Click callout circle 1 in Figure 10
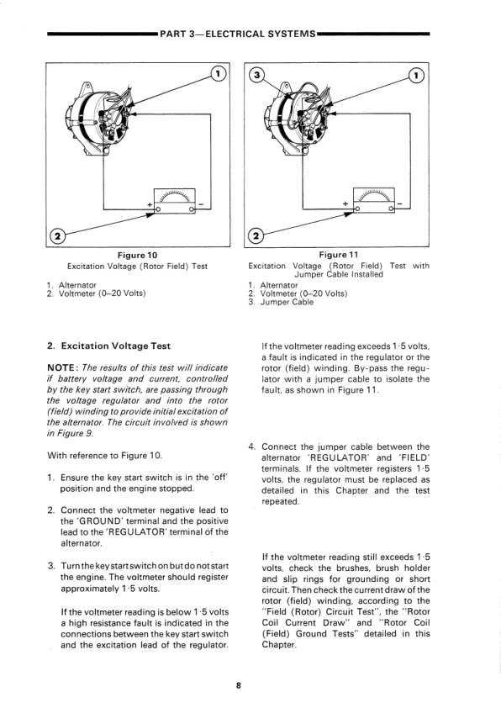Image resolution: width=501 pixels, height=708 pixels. [x=219, y=73]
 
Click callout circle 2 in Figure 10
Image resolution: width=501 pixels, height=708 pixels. [x=57, y=235]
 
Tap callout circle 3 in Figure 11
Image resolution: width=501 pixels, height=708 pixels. [x=256, y=75]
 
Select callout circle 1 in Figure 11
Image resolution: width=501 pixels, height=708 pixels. [x=417, y=75]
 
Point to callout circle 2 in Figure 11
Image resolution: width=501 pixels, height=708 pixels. [x=256, y=235]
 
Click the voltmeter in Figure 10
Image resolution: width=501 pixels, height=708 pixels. [x=175, y=201]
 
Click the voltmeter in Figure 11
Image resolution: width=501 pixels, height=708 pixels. [x=374, y=200]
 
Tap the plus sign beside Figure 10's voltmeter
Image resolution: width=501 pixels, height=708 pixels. [x=150, y=204]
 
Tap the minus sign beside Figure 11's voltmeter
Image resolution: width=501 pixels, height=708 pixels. [x=400, y=204]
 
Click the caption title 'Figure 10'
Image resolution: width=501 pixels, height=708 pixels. [x=137, y=256]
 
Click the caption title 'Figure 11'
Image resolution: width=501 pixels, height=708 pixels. [x=339, y=255]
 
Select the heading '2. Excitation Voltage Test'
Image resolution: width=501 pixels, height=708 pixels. [x=108, y=346]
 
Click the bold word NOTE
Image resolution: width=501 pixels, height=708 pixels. [x=63, y=368]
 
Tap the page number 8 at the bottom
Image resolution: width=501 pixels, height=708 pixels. [x=239, y=685]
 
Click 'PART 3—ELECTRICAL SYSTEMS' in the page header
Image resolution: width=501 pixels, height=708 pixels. [x=238, y=34]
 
